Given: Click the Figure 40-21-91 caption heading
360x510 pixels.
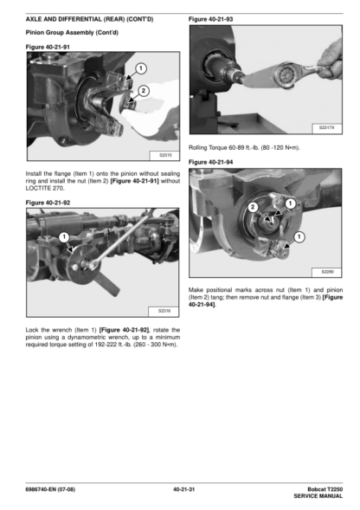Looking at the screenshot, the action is pyautogui.click(x=48, y=47).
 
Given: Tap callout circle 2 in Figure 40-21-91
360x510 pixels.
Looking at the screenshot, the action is pyautogui.click(x=143, y=91).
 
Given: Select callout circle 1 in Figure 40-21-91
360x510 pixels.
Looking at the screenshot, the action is pyautogui.click(x=140, y=68).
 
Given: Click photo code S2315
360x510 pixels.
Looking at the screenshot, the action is pyautogui.click(x=165, y=155).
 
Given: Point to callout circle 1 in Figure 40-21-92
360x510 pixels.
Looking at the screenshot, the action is pyautogui.click(x=64, y=237).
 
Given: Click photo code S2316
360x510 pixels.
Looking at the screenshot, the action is pyautogui.click(x=164, y=311).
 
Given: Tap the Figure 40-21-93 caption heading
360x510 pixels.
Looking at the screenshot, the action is pyautogui.click(x=211, y=19).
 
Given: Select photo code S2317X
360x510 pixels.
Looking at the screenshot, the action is pyautogui.click(x=326, y=128).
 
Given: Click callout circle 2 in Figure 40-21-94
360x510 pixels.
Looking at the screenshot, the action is pyautogui.click(x=253, y=207).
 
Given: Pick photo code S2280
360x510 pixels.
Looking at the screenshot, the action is pyautogui.click(x=327, y=272).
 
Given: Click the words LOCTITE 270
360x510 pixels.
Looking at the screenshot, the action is pyautogui.click(x=45, y=188).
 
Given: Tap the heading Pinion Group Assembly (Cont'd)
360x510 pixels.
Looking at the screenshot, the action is pyautogui.click(x=72, y=33).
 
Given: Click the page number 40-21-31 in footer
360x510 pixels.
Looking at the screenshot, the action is pyautogui.click(x=183, y=489).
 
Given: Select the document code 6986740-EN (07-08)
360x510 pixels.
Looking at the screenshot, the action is pyautogui.click(x=50, y=489).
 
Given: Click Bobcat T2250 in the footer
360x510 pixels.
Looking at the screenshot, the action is pyautogui.click(x=325, y=489).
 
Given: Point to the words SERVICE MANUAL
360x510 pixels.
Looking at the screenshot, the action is pyautogui.click(x=318, y=496).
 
